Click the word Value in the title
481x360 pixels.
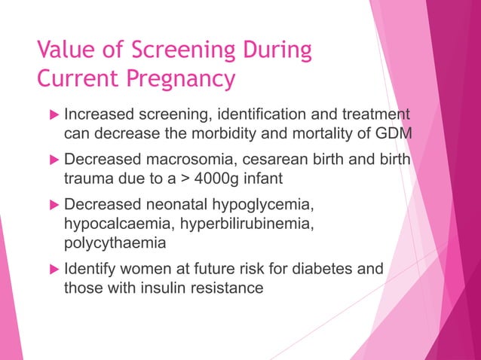coord(63,50)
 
